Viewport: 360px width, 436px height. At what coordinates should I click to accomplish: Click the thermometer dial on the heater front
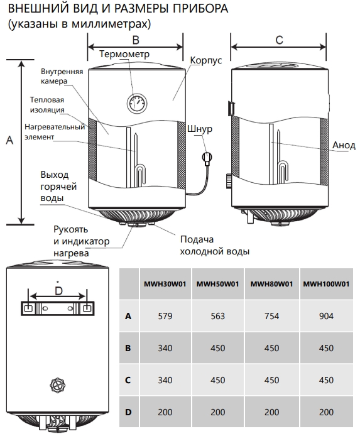[136, 103]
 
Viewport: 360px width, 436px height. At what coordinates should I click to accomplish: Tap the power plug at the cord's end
[207, 158]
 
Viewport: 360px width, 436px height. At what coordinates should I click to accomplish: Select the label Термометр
[124, 53]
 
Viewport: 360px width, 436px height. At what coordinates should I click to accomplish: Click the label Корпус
[206, 60]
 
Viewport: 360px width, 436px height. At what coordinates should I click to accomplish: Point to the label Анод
[344, 145]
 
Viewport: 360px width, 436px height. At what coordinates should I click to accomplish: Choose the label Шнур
[200, 129]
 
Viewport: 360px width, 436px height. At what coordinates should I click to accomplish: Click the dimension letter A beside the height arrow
[9, 140]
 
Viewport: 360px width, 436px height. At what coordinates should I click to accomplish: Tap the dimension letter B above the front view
[136, 40]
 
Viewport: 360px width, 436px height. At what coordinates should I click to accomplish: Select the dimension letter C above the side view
[279, 40]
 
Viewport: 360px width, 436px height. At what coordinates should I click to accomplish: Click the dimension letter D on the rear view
[58, 291]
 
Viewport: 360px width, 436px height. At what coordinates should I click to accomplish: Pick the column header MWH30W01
[165, 284]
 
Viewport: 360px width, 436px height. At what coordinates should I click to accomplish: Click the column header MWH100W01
[326, 284]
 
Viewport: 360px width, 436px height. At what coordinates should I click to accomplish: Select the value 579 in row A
[165, 316]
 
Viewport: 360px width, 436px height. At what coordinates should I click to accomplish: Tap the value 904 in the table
[326, 316]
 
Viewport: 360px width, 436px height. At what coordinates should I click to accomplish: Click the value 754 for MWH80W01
[271, 316]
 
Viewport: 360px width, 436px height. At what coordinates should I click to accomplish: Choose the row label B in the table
[128, 348]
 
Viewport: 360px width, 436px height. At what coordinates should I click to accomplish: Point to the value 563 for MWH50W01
[217, 316]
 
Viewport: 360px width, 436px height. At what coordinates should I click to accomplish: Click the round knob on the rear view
[58, 385]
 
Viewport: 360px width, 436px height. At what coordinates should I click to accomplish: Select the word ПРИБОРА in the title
[200, 8]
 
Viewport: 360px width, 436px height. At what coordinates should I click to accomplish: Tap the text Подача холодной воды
[215, 245]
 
